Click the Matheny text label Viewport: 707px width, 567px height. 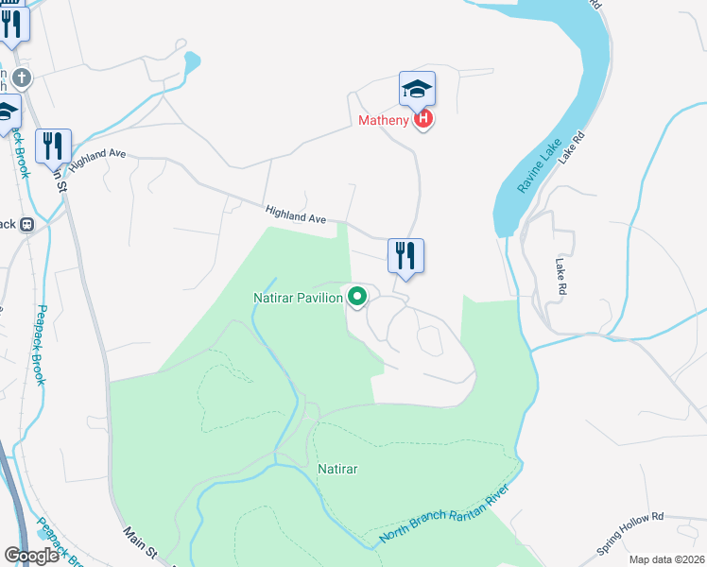[383, 120]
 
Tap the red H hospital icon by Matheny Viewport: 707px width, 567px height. [423, 120]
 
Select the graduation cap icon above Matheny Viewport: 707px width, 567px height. [417, 90]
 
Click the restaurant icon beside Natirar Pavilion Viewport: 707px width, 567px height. [405, 256]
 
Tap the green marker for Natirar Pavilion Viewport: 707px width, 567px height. [357, 297]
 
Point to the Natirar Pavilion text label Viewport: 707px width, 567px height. [298, 298]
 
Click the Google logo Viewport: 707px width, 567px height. [31, 556]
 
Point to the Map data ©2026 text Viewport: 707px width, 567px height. [666, 559]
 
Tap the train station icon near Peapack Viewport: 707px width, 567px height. [26, 225]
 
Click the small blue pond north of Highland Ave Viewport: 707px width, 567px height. [192, 64]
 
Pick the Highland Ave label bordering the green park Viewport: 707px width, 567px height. [295, 215]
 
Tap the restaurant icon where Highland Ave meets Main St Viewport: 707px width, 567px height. [53, 146]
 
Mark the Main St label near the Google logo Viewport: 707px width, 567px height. [139, 542]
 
